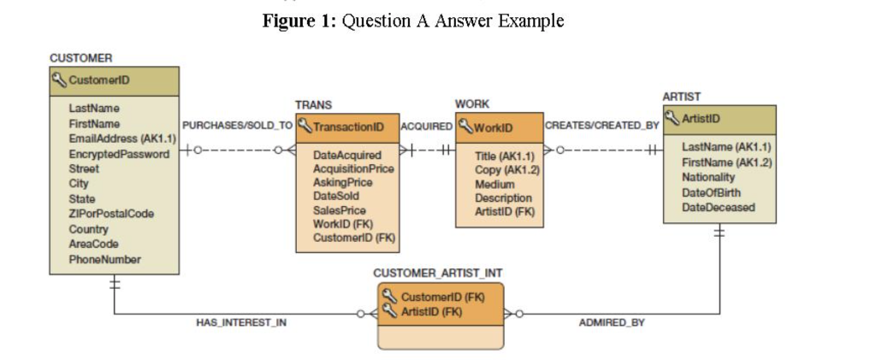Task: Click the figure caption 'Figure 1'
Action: [299, 21]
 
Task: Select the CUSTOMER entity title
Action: [80, 58]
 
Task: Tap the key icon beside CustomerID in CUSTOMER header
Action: [60, 81]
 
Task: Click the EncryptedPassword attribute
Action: [119, 154]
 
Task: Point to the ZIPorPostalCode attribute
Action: [111, 214]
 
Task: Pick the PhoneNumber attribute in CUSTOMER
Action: [104, 259]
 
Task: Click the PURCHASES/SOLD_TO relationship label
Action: [237, 126]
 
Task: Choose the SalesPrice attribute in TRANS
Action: [340, 210]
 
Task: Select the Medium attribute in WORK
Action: [494, 184]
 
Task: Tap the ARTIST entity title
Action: [681, 97]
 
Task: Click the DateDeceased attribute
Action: [718, 207]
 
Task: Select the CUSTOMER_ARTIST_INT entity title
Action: [438, 273]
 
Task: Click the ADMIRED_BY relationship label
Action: [612, 322]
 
